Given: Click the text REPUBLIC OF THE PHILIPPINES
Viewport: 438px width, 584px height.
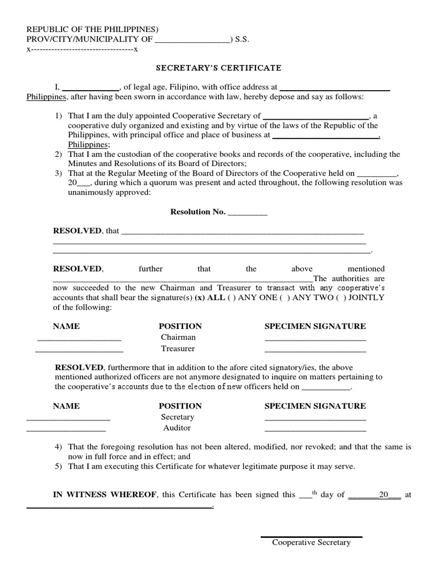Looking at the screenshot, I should click(92, 30).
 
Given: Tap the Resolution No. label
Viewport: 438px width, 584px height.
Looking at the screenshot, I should click(198, 212).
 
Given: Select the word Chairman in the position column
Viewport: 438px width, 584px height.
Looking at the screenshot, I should click(178, 337).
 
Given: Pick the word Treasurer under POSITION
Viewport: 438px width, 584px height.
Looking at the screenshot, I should click(178, 348).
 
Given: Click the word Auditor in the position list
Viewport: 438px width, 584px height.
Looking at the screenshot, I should click(177, 427).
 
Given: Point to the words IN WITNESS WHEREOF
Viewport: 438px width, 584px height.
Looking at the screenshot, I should click(105, 494).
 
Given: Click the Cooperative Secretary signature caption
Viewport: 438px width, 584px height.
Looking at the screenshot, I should click(311, 542).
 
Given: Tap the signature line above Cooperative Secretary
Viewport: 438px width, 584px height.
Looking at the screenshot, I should click(311, 537).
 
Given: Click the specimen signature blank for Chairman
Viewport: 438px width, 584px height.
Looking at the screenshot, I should click(315, 340).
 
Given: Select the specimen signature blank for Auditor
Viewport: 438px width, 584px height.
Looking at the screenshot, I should click(315, 430).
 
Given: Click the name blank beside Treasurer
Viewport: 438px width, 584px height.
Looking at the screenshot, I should click(79, 351).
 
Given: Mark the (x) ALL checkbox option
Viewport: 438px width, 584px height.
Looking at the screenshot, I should click(207, 298).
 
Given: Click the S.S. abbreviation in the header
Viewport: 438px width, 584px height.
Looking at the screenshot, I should click(241, 40).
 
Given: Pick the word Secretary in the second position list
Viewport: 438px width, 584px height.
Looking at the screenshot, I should click(177, 417).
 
